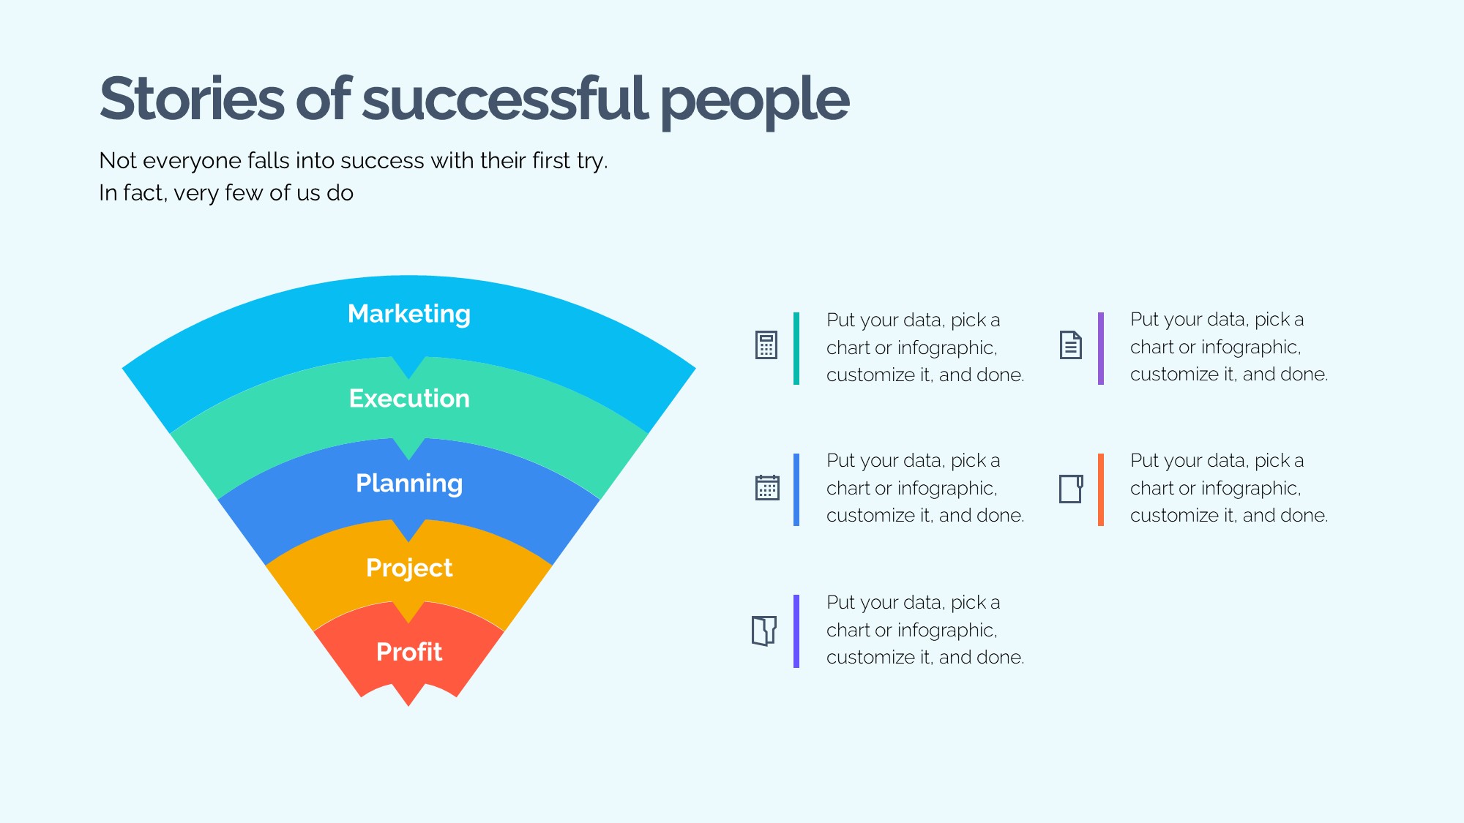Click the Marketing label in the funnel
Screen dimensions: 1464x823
coord(408,314)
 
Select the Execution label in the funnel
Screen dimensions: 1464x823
coord(409,399)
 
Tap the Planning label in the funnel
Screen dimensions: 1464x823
coord(409,484)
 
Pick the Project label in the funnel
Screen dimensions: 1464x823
coord(409,568)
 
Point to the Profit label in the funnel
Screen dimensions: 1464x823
coord(409,652)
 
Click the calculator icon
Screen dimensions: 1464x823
coord(766,345)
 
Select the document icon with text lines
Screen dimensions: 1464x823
coord(1071,345)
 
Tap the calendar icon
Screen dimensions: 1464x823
coord(767,487)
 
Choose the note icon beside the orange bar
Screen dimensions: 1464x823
coord(1071,489)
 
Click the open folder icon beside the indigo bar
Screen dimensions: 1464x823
coord(764,631)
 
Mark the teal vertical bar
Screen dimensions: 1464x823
coord(796,348)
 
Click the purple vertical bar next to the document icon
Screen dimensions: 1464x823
coord(1101,348)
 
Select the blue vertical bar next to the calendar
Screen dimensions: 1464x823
coord(796,489)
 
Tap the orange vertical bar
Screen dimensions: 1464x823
coord(1101,489)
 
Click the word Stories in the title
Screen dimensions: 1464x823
coord(192,99)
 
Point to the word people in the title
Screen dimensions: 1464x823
coord(755,102)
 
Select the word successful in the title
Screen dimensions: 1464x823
coord(505,98)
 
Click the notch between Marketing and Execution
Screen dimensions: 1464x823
coord(409,377)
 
